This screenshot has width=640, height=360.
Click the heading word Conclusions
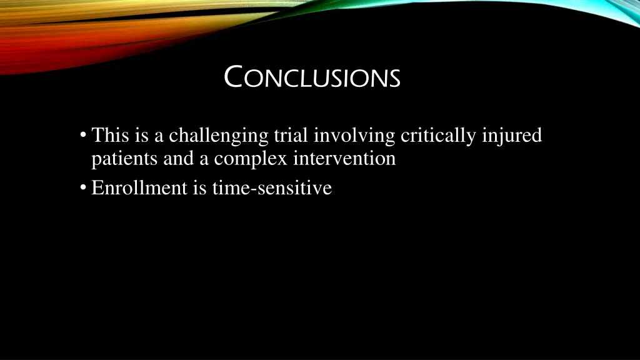pyautogui.click(x=312, y=78)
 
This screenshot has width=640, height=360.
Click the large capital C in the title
pyautogui.click(x=233, y=77)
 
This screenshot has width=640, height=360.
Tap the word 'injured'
pyautogui.click(x=512, y=136)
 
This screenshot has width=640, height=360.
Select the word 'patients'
pyautogui.click(x=125, y=159)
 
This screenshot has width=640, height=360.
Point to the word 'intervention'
pyautogui.click(x=344, y=159)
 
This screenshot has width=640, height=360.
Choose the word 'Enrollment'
pyautogui.click(x=139, y=187)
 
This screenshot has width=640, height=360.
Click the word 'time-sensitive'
pyautogui.click(x=272, y=187)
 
